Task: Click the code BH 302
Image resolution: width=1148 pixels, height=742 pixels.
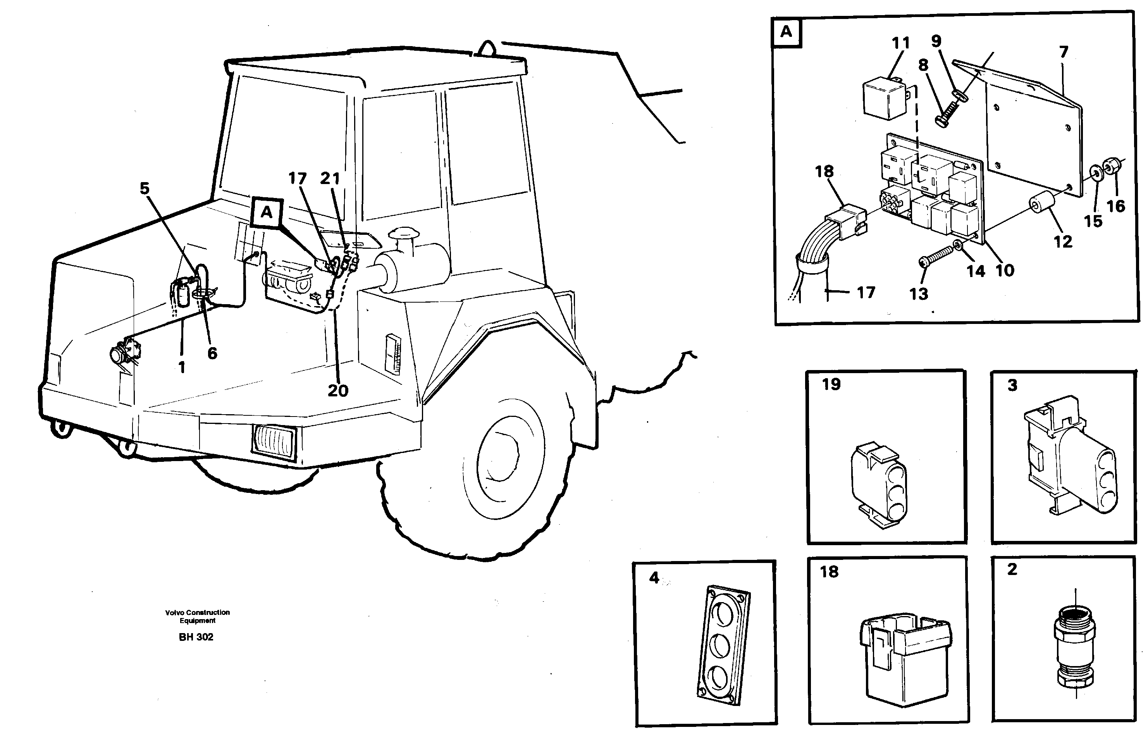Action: [196, 637]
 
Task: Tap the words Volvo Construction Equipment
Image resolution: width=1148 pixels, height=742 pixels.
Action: [198, 616]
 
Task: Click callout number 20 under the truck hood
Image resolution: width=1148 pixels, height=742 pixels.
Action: [338, 390]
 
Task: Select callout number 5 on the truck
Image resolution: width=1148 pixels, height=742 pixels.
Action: [145, 188]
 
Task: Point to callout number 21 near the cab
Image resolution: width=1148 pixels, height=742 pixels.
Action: [330, 179]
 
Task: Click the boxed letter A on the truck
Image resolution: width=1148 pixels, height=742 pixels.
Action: [267, 212]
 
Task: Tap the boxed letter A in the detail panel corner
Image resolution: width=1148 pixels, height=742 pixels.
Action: [786, 32]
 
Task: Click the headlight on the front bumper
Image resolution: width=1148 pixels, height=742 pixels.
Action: [273, 442]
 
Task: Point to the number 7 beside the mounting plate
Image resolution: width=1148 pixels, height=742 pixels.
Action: [1064, 52]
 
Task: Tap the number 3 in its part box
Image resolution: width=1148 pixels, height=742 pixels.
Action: [1012, 385]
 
